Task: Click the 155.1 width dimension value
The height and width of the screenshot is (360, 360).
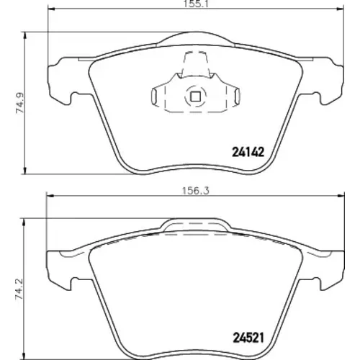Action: pos(197,4)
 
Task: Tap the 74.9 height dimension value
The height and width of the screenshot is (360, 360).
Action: pos(20,103)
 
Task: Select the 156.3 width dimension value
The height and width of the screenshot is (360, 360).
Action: pos(196,191)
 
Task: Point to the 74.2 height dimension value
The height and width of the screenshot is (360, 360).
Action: pos(19,289)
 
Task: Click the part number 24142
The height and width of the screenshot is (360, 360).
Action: pos(248,152)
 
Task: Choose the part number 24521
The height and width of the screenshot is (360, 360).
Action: pos(248,338)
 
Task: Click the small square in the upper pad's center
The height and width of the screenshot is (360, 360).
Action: pos(195,96)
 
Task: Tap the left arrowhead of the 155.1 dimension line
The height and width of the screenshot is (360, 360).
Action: pos(52,9)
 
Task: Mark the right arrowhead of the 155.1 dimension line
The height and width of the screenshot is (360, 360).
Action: pos(341,9)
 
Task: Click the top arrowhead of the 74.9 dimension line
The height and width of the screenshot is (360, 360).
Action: pos(24,35)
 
